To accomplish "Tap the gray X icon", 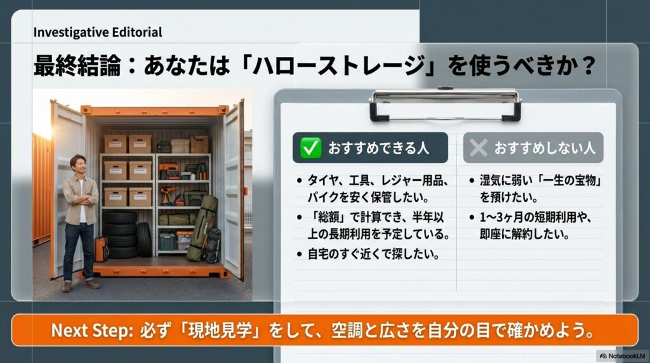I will click(x=478, y=148).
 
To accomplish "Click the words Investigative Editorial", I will click(x=97, y=32).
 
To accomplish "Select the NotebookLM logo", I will click(x=621, y=356).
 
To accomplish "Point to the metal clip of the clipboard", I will click(x=445, y=103).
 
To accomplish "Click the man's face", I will click(x=77, y=164).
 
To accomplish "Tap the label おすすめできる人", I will click(x=378, y=148).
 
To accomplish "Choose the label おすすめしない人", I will click(x=544, y=148).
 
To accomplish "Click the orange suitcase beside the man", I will click(x=100, y=249).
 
